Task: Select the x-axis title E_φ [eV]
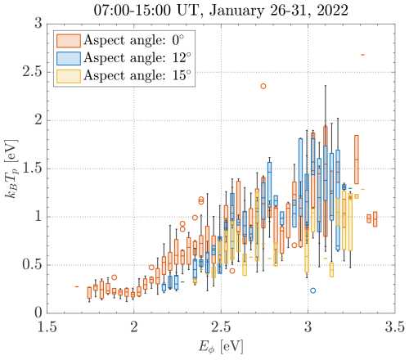tap(221, 347)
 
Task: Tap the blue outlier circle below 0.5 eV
tap(312, 290)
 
